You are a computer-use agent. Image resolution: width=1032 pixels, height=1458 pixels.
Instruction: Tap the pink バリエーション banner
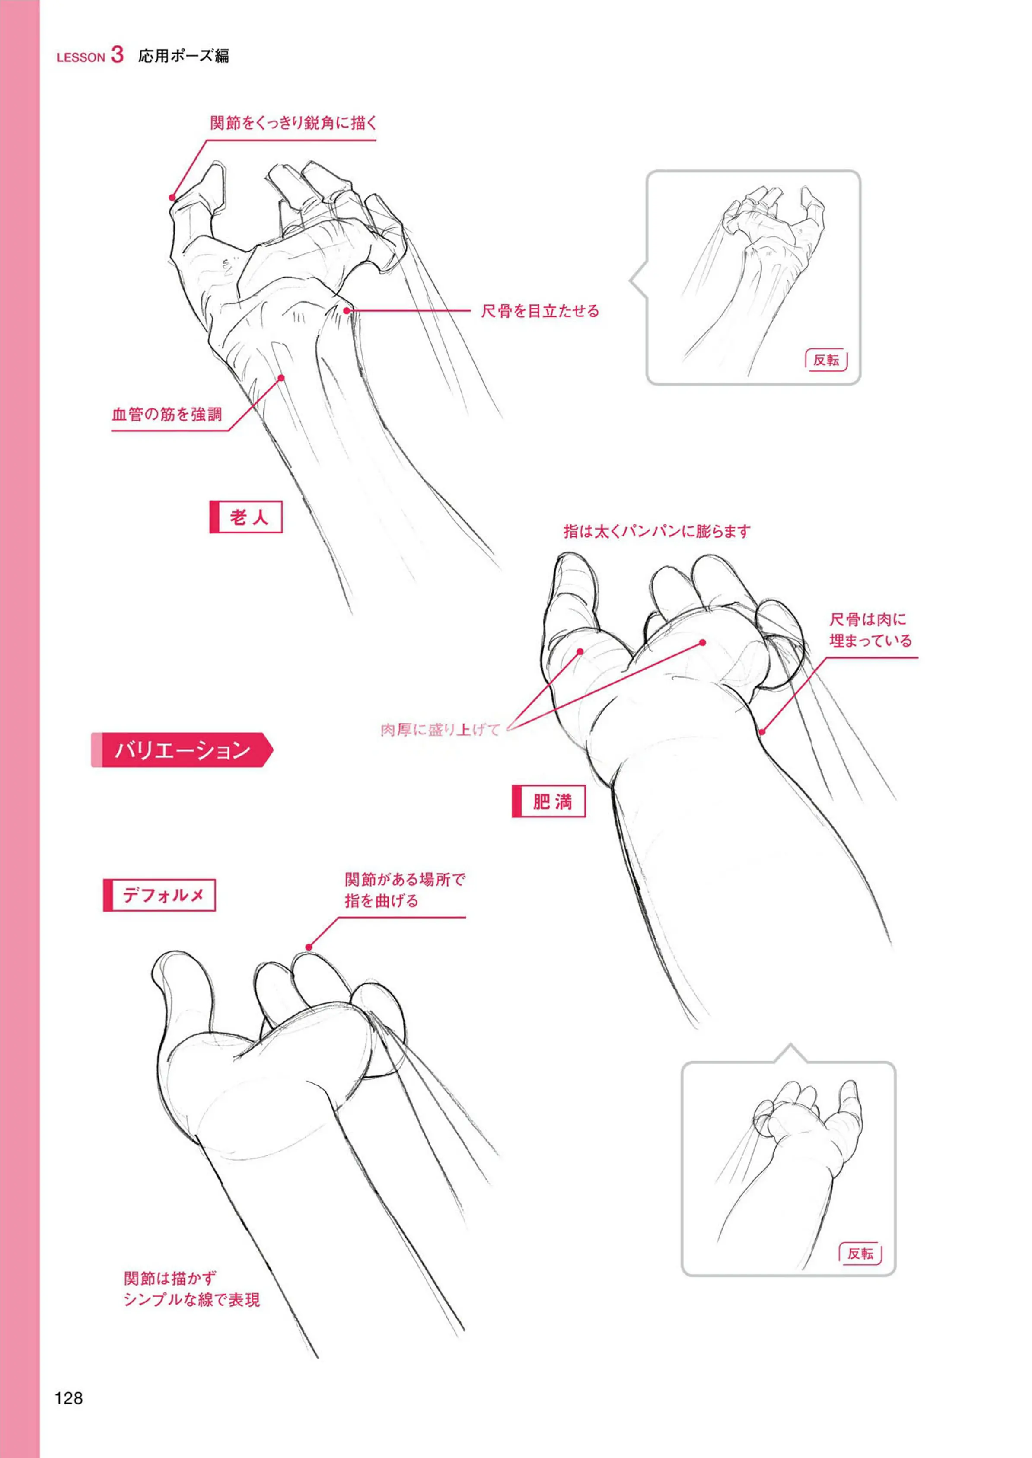tap(182, 750)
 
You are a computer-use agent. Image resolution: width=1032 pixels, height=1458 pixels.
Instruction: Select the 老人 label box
tap(246, 517)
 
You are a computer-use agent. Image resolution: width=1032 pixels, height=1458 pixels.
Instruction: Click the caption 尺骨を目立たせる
tap(540, 311)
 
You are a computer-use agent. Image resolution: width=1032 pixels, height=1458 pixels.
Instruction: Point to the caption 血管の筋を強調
tap(167, 415)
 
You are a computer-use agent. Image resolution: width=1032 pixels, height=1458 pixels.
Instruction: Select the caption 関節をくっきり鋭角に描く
tap(293, 123)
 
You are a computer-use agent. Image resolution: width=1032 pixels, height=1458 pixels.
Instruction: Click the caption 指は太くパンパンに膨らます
tap(657, 531)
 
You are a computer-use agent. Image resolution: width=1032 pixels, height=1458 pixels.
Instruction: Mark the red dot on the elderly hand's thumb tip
tap(172, 197)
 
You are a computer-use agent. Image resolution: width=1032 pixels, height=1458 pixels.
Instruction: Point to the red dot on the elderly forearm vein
tap(281, 378)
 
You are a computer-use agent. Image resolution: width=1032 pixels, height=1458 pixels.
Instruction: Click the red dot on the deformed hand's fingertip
tap(309, 947)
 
